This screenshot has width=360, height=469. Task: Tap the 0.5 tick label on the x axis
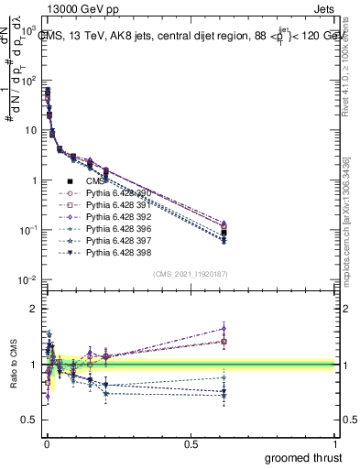pos(191,444)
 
